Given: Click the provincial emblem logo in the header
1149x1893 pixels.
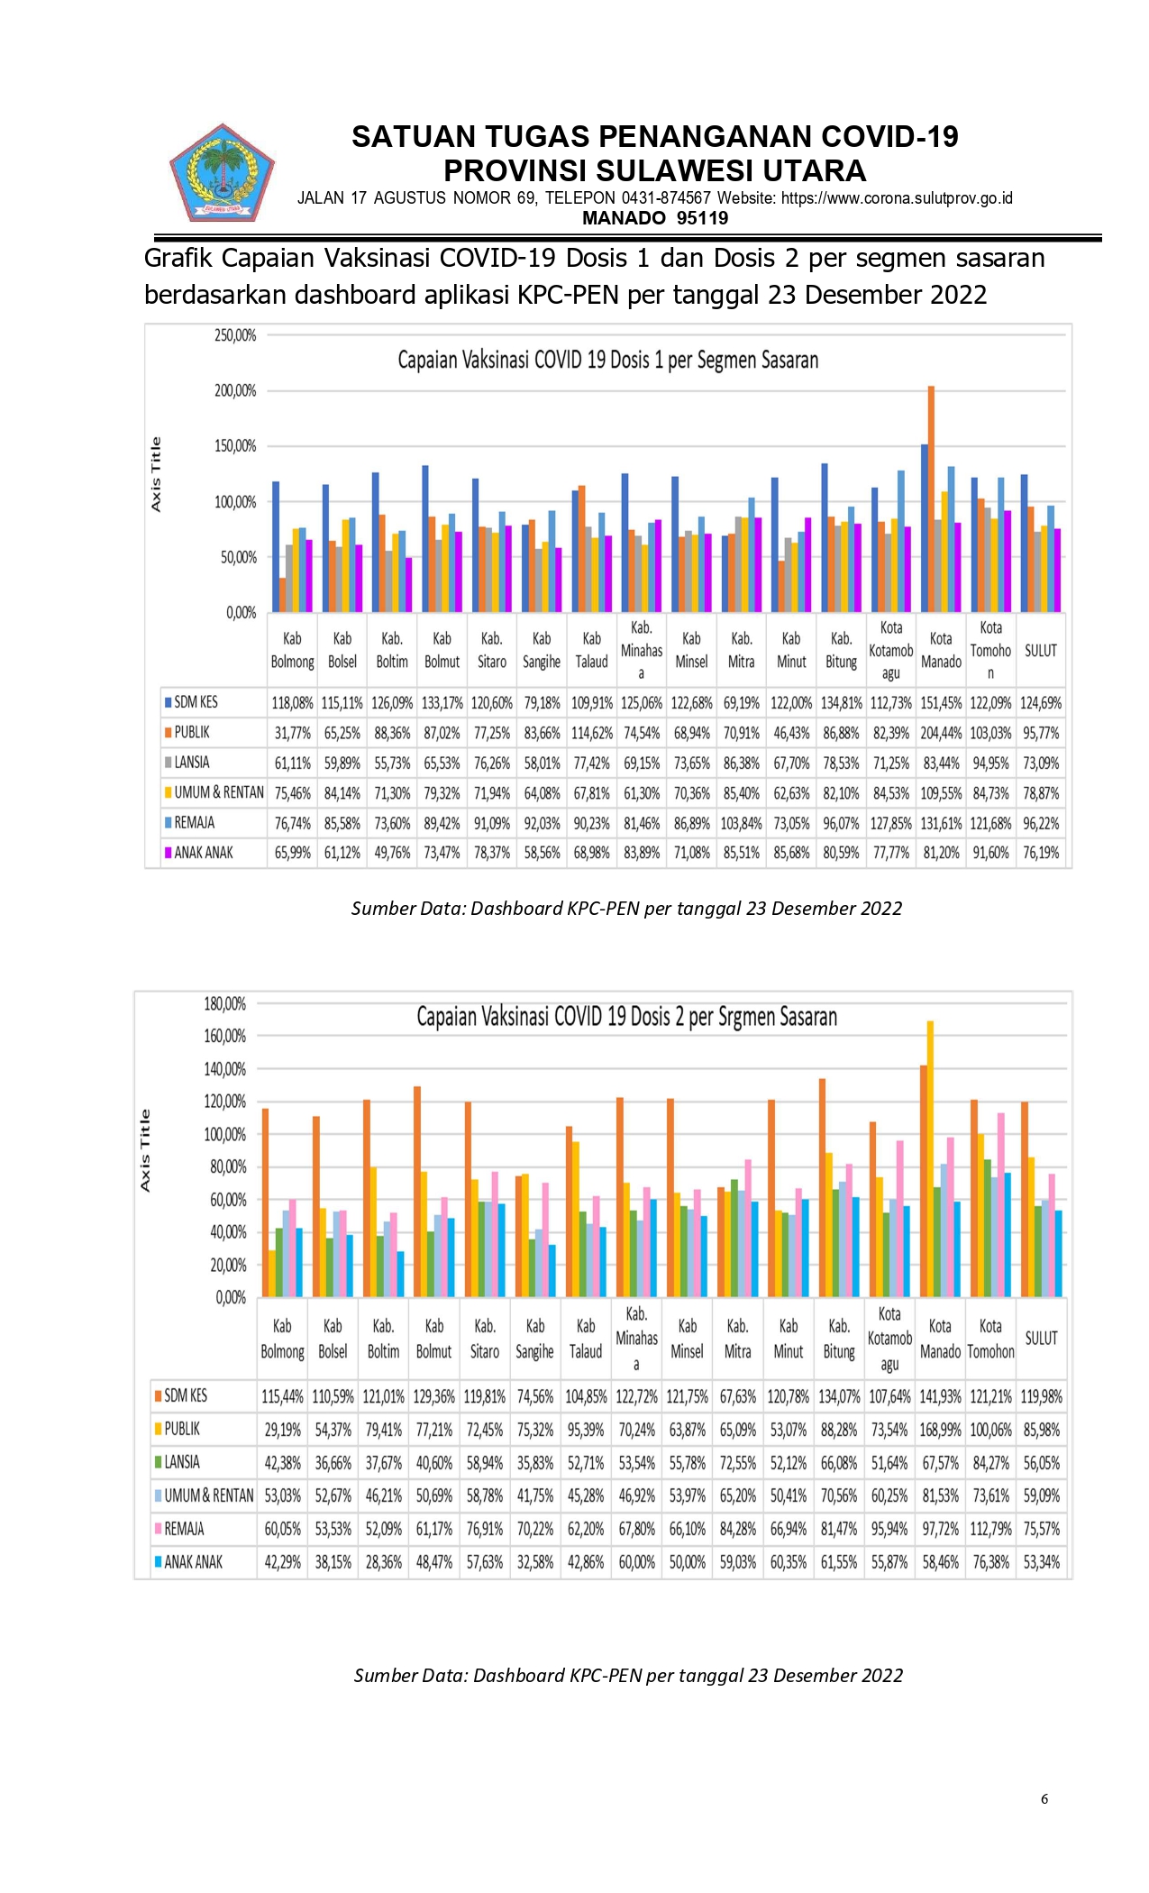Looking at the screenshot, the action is point(222,173).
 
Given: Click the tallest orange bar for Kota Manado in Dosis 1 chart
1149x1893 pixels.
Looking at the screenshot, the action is point(931,499).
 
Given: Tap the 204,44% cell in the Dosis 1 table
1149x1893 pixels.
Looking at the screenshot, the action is point(941,733).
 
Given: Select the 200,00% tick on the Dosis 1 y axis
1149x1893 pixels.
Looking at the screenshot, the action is point(235,390).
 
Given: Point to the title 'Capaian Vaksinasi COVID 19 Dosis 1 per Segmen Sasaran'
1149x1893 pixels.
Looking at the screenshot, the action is point(608,361).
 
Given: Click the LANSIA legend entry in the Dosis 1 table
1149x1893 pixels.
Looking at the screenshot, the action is point(187,763).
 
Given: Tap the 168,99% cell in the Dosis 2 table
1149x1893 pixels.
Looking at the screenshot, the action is point(940,1430).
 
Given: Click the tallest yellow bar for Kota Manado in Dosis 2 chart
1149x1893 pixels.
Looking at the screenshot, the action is point(931,1159).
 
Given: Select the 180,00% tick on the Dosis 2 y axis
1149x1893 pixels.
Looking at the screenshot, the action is point(225,1003).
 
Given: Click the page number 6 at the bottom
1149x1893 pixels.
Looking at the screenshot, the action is point(1044,1798).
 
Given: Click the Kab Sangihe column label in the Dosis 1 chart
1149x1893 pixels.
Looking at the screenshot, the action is point(542,650).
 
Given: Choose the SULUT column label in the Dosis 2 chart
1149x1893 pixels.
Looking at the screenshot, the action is point(1041,1338).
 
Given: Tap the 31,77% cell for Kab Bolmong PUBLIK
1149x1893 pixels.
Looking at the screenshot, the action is point(293,733).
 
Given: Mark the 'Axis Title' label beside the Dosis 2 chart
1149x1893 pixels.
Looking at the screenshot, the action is point(145,1151).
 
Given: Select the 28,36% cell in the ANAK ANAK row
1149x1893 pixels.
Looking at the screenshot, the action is point(384,1562).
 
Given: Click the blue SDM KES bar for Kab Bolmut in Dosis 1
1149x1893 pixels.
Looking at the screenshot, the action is point(425,539).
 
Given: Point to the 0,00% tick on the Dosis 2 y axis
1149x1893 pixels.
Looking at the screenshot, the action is point(231,1298).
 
